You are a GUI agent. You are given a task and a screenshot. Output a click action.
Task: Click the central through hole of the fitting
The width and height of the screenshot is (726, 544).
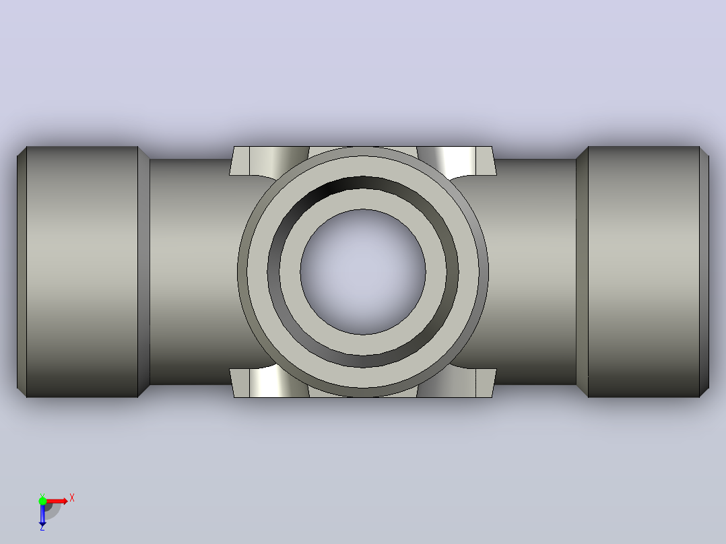(x=363, y=272)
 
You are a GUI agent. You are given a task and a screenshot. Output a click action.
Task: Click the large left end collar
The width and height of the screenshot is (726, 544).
(x=82, y=272)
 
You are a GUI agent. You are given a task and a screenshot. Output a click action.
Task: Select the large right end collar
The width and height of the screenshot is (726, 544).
(x=644, y=272)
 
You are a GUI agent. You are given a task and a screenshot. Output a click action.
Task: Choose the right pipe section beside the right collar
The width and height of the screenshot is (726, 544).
(x=533, y=272)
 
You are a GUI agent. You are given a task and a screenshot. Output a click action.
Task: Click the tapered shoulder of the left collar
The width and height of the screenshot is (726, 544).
(x=143, y=272)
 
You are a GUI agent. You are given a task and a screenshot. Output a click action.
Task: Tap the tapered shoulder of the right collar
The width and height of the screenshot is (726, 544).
(x=582, y=272)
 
